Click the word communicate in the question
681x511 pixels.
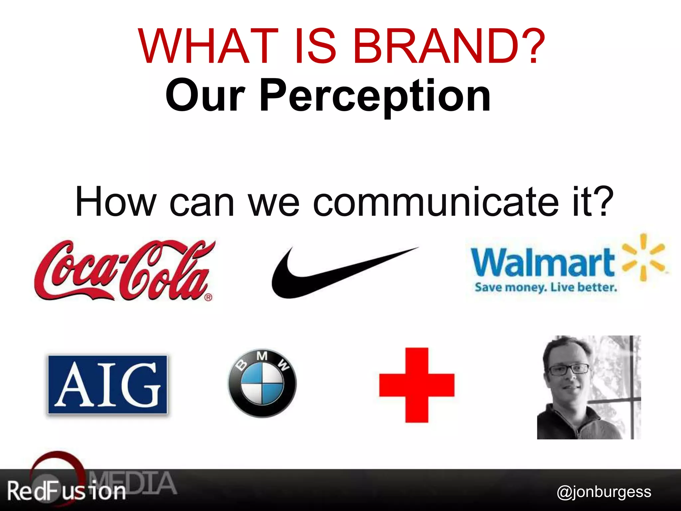click(x=436, y=202)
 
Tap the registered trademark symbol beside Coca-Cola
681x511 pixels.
click(x=208, y=297)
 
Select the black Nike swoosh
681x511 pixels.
click(x=333, y=273)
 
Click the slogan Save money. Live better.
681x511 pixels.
click(x=546, y=287)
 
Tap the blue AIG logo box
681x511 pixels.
click(x=107, y=385)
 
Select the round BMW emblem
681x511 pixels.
click(x=262, y=383)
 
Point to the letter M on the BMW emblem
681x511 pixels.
click(x=262, y=356)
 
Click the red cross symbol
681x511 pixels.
click(x=417, y=385)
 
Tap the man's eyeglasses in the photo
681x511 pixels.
click(x=568, y=370)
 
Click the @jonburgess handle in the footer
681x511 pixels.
click(x=604, y=491)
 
